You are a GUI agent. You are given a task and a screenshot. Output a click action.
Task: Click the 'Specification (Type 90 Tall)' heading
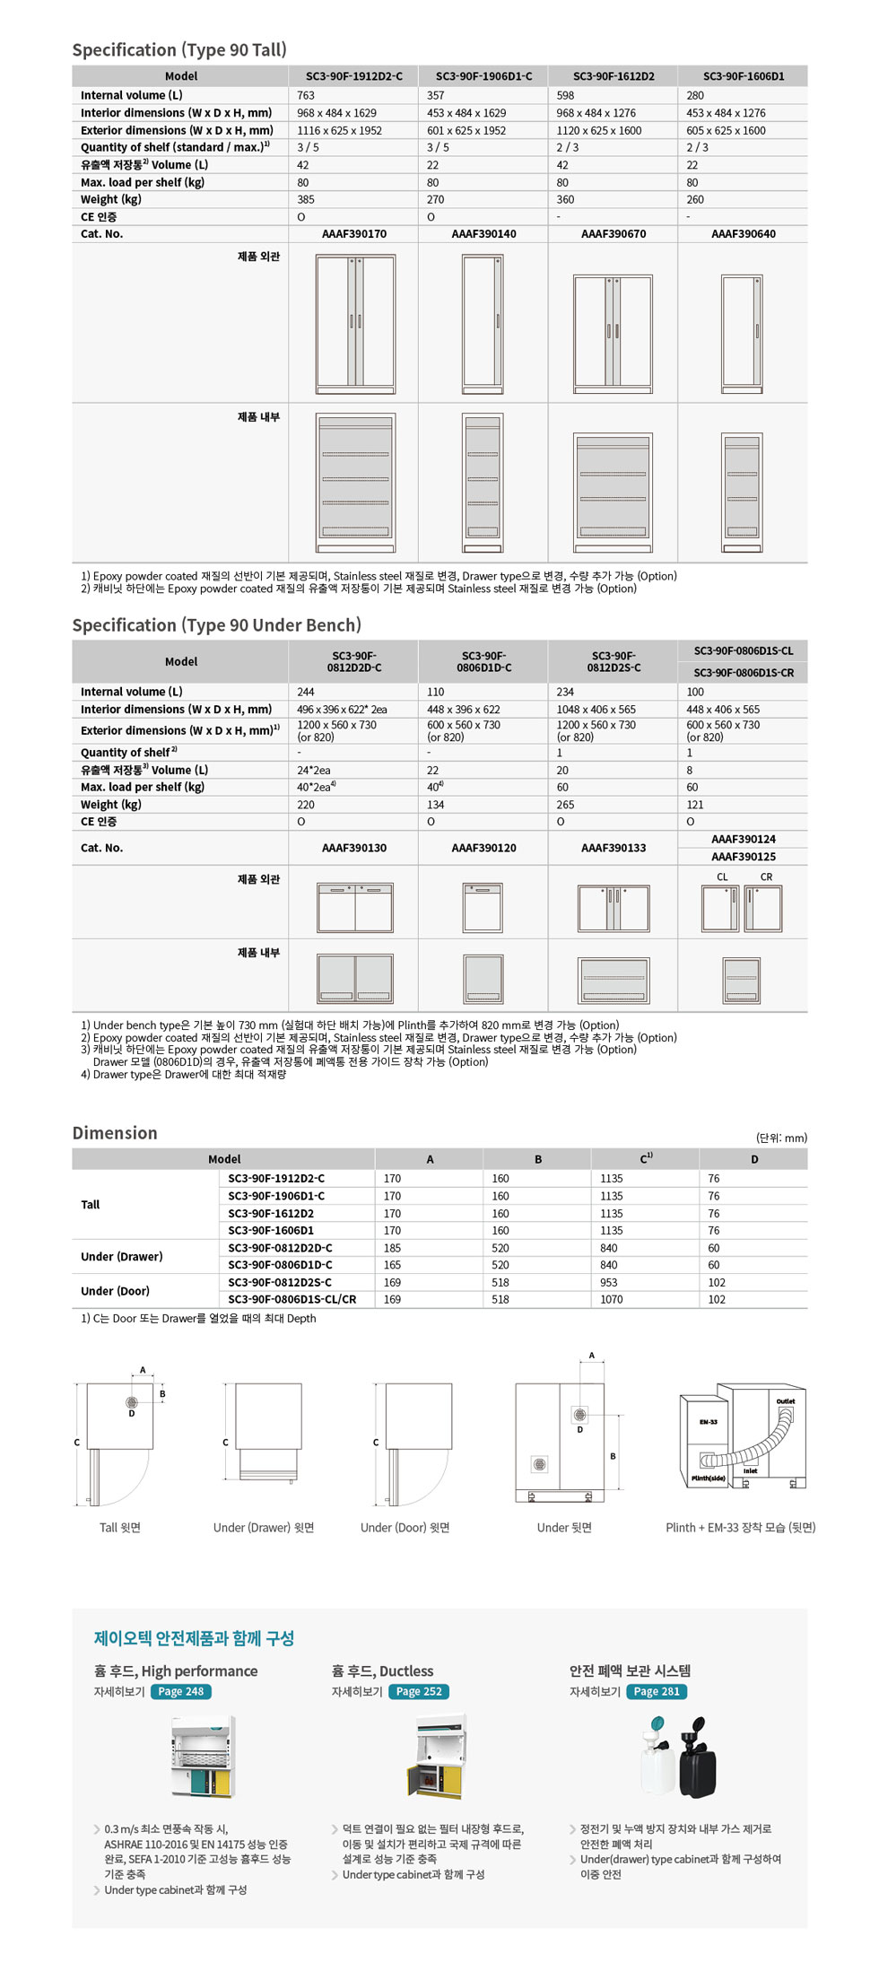coord(179,50)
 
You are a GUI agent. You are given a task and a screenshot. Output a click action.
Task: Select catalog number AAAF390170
coord(353,234)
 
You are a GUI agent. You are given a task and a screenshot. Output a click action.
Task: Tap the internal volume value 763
coord(306,95)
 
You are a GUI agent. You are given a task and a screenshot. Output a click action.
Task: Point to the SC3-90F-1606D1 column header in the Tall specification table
coord(743,76)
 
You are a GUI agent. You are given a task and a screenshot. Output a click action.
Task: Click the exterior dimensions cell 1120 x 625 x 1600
coord(598,130)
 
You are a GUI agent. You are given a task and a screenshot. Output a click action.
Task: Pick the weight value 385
coord(306,200)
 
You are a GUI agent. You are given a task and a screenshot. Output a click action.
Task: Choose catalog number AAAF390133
coord(613,848)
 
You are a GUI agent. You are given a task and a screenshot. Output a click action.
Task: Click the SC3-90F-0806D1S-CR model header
coord(743,673)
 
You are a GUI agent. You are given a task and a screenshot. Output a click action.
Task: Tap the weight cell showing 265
coord(565,805)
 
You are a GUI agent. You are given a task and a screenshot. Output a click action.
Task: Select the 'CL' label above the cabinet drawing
coord(722,877)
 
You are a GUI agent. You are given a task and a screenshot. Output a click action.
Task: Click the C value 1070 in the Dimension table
coord(611,1299)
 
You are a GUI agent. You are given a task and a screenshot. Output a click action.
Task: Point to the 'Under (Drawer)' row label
coord(122,1257)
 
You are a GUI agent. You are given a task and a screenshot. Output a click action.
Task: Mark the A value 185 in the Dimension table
coord(393,1248)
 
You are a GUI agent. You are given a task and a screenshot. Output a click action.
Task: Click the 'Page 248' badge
coord(181,1692)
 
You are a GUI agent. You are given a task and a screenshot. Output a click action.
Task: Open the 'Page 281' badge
coord(657,1692)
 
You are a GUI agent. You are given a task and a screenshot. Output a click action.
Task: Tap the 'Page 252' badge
coord(419,1692)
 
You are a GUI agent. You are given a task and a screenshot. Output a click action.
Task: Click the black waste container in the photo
coord(697,1764)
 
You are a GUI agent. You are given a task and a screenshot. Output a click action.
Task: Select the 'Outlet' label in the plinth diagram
coord(785,1401)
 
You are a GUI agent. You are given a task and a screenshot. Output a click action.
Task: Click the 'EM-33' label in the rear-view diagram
coord(708,1422)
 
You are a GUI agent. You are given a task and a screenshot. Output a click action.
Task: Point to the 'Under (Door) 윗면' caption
coord(405,1528)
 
